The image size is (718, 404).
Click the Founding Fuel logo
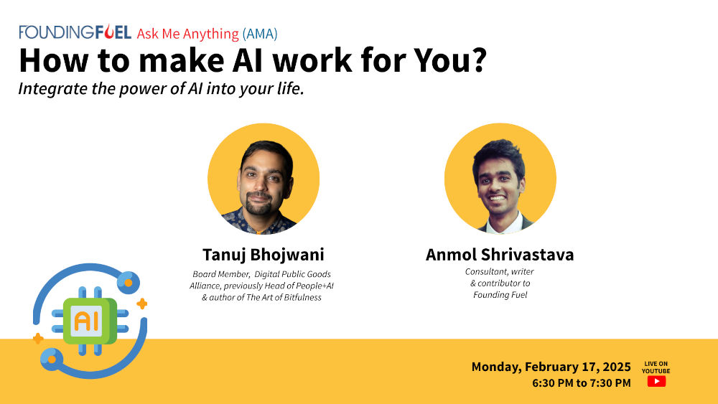click(x=75, y=32)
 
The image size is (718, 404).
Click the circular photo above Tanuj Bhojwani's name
click(x=263, y=179)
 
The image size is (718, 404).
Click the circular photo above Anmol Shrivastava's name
click(x=500, y=179)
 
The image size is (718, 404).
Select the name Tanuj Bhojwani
click(x=263, y=255)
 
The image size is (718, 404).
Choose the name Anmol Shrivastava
click(x=500, y=255)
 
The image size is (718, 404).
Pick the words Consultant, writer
click(x=500, y=272)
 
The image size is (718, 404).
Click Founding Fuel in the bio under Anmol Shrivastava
click(x=500, y=295)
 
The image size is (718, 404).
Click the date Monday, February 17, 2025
click(x=551, y=367)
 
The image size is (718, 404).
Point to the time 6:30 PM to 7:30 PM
click(x=581, y=383)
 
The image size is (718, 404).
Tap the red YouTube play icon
click(x=656, y=382)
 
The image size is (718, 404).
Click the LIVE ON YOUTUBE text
click(x=656, y=367)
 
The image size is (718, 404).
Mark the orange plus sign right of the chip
click(x=142, y=304)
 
